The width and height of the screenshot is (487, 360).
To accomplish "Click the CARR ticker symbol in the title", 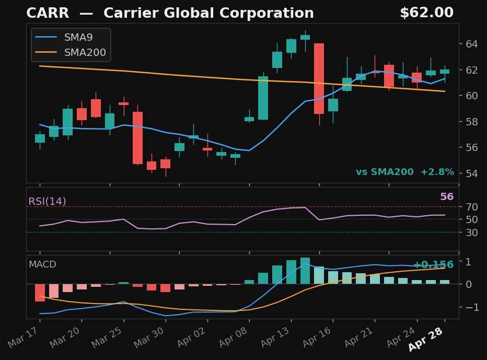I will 48,14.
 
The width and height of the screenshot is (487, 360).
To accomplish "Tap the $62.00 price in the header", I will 426,13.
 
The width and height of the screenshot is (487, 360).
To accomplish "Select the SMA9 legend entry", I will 79,38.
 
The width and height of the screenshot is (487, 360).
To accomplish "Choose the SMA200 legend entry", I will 85,53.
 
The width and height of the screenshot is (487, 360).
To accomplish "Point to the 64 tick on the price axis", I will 472,44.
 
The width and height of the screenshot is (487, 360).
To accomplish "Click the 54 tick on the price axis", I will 472,173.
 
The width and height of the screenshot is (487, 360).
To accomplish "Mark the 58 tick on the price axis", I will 472,122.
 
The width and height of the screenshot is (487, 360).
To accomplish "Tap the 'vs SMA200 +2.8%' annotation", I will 404,172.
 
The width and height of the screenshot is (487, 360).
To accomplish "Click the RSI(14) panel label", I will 47,202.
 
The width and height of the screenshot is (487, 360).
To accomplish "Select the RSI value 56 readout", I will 447,197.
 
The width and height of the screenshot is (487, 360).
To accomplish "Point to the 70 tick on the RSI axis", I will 472,207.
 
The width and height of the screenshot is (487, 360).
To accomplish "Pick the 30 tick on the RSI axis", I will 472,233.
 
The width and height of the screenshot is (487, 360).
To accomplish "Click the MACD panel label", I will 42,265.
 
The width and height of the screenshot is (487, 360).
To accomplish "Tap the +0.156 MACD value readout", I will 433,265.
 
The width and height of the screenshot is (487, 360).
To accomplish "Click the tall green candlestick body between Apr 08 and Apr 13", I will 263,98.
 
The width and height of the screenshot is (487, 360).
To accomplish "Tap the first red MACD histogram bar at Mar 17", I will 40,293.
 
